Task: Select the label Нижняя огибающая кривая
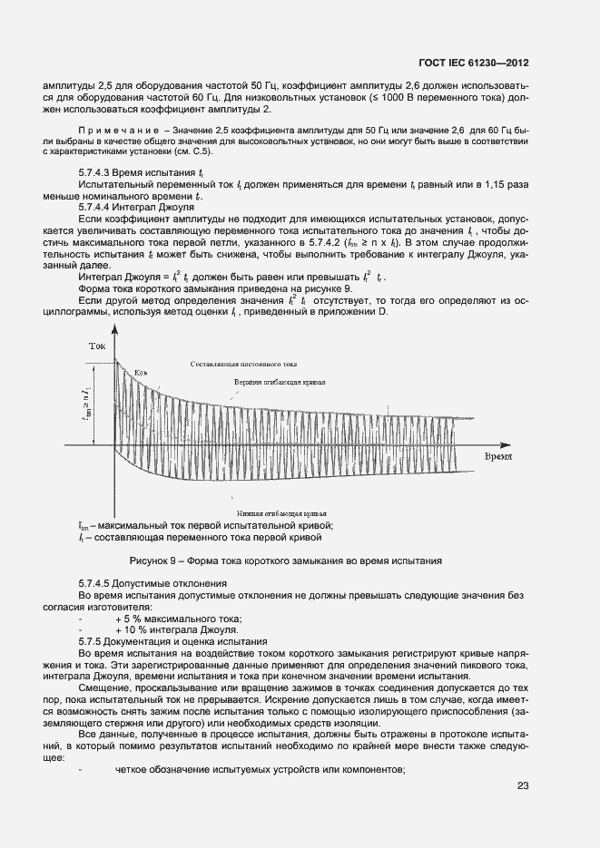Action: click(275, 512)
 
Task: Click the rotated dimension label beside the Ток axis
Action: click(86, 416)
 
